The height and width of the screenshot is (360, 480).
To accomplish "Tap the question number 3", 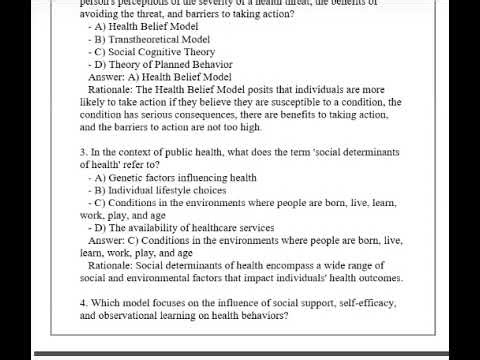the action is pyautogui.click(x=83, y=151).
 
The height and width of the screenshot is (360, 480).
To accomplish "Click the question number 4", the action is pyautogui.click(x=83, y=302).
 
